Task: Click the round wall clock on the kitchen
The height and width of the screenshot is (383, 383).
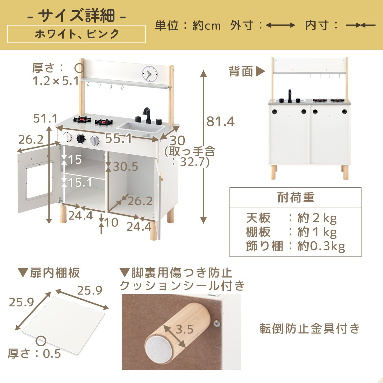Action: point(150,73)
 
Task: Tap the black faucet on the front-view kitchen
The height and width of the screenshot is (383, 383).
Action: point(147,115)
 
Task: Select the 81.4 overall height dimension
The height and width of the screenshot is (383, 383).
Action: point(220,121)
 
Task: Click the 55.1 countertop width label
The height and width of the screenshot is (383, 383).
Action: point(118,138)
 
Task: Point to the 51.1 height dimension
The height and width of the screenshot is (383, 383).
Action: point(46,118)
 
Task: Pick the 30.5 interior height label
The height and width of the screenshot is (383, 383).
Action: point(125,167)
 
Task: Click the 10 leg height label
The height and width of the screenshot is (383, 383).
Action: point(111,222)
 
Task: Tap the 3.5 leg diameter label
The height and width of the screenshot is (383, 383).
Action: point(184,329)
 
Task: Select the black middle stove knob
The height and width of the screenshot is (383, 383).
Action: point(81,138)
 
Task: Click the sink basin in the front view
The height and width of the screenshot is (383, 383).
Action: point(141,127)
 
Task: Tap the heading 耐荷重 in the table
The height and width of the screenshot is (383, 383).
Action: point(295,198)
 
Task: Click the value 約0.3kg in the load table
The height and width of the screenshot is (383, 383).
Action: point(321,246)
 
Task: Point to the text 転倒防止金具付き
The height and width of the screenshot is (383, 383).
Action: point(310,329)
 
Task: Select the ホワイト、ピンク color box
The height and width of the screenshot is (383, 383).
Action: point(77,34)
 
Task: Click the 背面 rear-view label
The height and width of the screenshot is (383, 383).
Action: point(241,71)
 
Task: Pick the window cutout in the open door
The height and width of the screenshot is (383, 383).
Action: point(39,180)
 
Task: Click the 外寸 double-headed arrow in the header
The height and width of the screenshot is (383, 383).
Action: point(280,25)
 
